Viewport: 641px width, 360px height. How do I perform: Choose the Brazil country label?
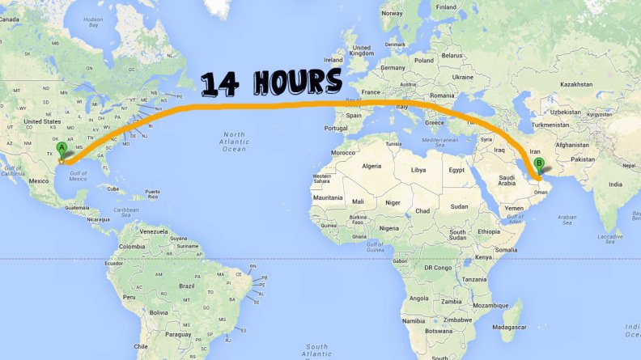tap(188, 286)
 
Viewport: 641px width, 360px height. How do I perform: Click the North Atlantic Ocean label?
tap(234, 142)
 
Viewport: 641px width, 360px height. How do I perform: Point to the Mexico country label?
tap(39, 181)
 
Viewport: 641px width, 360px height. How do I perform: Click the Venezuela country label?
tap(152, 231)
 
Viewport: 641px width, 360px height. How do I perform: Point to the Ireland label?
tap(333, 59)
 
